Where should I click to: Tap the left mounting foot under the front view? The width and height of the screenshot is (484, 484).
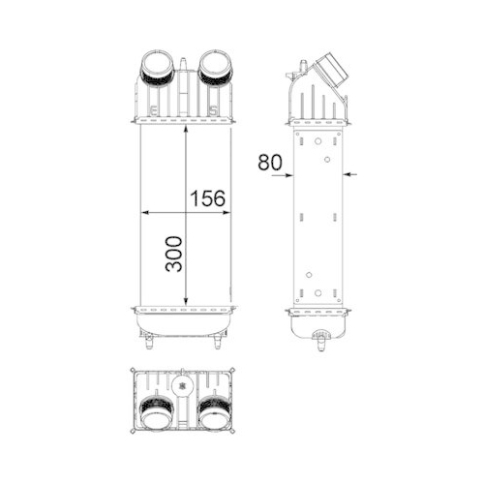150,342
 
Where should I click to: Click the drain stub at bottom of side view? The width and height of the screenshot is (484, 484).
320,338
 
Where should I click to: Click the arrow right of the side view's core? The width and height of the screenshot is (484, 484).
352,174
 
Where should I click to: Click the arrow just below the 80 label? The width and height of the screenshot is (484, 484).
284,174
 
